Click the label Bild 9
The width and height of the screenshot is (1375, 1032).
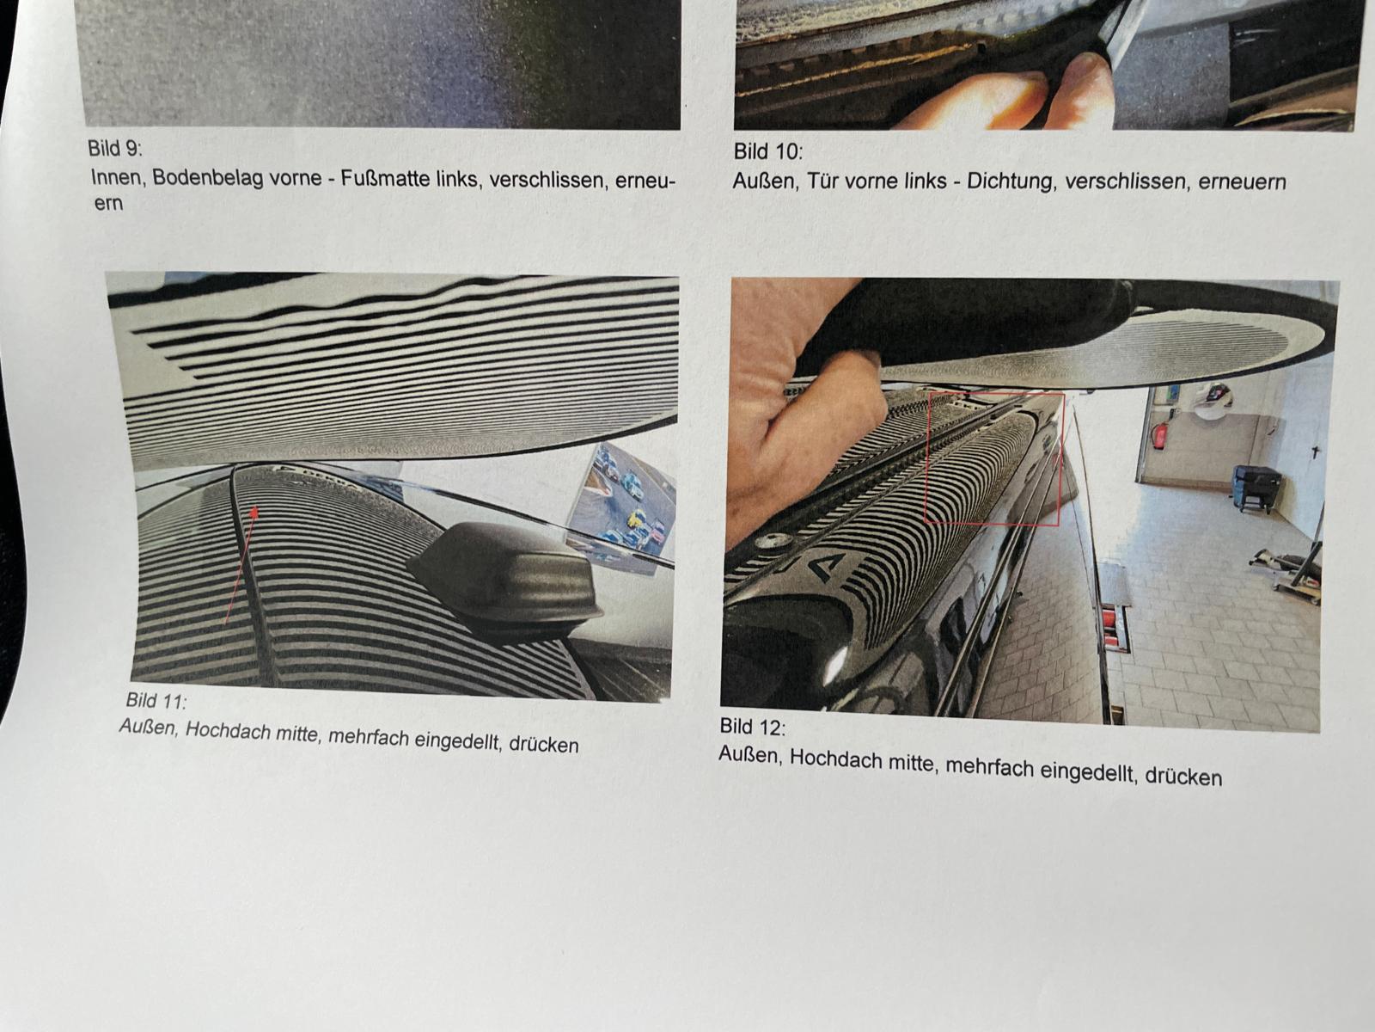point(115,149)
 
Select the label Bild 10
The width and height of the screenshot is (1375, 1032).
point(768,151)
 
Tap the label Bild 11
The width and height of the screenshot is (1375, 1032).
point(156,701)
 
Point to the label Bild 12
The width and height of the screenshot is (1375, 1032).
point(752,727)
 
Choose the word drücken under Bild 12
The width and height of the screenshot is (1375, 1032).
point(1183,777)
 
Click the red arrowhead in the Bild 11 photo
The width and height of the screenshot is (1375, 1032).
point(254,513)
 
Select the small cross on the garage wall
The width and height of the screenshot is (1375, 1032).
point(1316,451)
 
